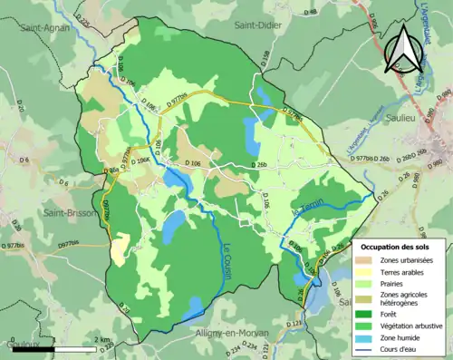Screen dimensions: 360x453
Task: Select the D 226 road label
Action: (85, 18)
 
